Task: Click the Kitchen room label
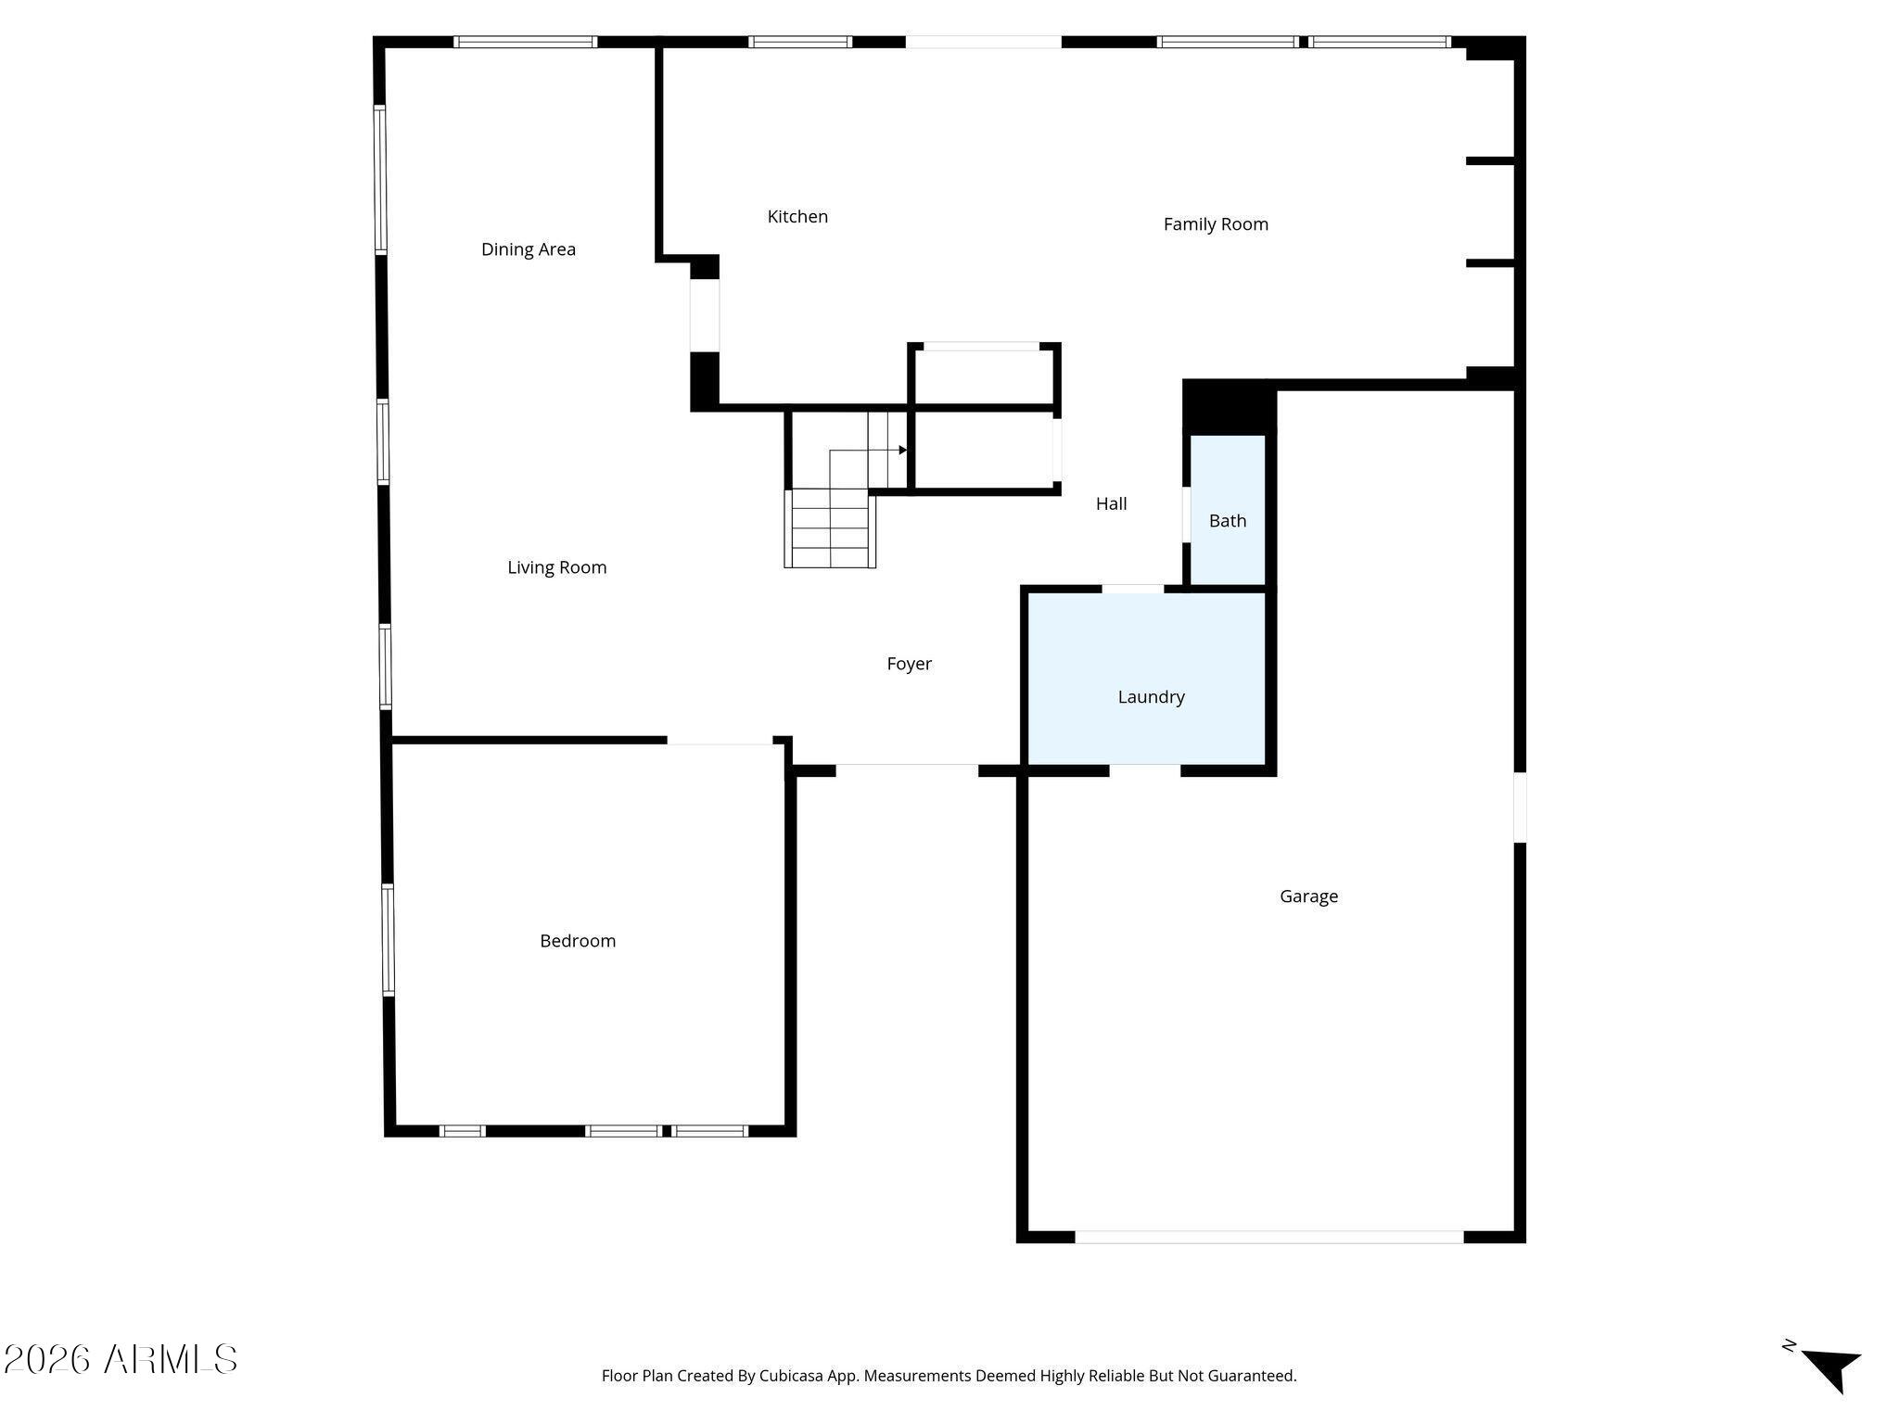pyautogui.click(x=797, y=217)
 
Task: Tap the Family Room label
pyautogui.click(x=1216, y=224)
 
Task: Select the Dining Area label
pyautogui.click(x=529, y=249)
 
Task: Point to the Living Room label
pyautogui.click(x=557, y=567)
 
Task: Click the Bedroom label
pyautogui.click(x=578, y=941)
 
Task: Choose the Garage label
pyautogui.click(x=1308, y=896)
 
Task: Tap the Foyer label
pyautogui.click(x=909, y=664)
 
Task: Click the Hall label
pyautogui.click(x=1111, y=503)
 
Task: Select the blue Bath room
pyautogui.click(x=1228, y=510)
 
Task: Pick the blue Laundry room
pyautogui.click(x=1147, y=679)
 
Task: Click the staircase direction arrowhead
pyautogui.click(x=903, y=451)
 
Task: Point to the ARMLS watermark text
pyautogui.click(x=121, y=1360)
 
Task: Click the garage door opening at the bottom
pyautogui.click(x=1268, y=1237)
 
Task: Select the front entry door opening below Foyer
pyautogui.click(x=907, y=769)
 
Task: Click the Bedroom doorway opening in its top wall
pyautogui.click(x=720, y=740)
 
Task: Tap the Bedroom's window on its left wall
pyautogui.click(x=389, y=939)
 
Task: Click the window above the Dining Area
pyautogui.click(x=525, y=42)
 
